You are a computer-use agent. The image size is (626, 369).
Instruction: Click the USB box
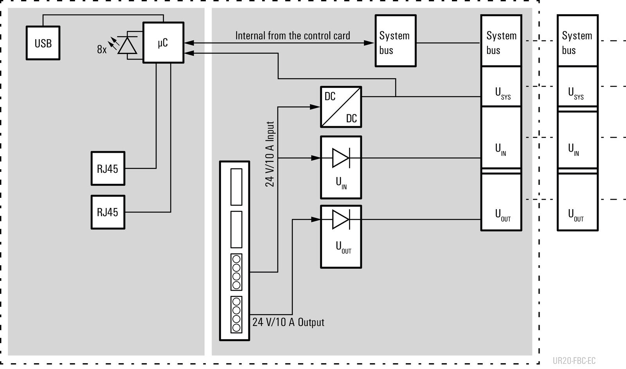click(x=43, y=43)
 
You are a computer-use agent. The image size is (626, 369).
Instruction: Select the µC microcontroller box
click(x=164, y=43)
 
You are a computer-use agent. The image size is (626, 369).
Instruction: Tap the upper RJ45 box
click(x=108, y=168)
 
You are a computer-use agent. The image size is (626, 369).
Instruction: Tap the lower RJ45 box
click(x=108, y=212)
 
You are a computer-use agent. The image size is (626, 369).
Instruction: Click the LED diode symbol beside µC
click(x=128, y=45)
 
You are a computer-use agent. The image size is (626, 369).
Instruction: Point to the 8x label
click(x=102, y=49)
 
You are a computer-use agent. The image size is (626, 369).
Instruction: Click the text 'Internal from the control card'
click(x=293, y=36)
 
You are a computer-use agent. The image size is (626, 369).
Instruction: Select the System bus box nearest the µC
click(x=396, y=41)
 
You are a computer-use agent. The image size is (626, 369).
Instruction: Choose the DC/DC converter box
click(x=341, y=107)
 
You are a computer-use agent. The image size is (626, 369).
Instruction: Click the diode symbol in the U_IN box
click(x=341, y=158)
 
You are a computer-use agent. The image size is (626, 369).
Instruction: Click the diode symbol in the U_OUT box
click(x=341, y=220)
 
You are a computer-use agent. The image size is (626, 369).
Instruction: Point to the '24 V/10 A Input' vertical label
click(x=270, y=154)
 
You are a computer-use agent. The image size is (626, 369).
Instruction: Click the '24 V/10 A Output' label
click(x=288, y=322)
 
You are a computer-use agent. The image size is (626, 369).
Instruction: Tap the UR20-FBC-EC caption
click(x=574, y=361)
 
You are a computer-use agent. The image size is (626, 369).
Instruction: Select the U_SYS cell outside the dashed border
click(x=577, y=87)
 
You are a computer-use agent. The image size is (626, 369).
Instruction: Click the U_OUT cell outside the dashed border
click(x=577, y=202)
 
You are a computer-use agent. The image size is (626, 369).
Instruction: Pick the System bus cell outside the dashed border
click(x=577, y=41)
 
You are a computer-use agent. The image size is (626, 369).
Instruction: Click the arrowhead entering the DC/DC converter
click(x=315, y=107)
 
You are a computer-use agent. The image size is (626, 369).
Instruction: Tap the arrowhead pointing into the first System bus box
click(x=369, y=43)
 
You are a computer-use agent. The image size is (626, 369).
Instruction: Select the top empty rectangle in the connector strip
click(x=236, y=187)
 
